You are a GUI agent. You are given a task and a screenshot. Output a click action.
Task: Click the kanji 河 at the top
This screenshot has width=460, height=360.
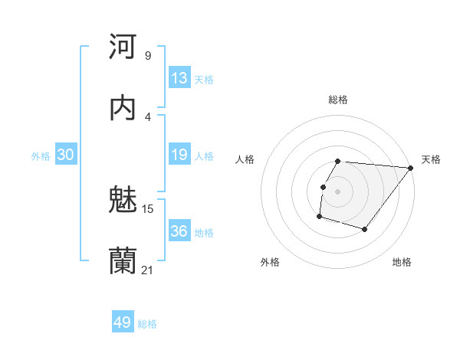pyautogui.click(x=123, y=47)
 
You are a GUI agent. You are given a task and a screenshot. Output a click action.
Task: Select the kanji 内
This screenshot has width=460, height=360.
pyautogui.click(x=123, y=108)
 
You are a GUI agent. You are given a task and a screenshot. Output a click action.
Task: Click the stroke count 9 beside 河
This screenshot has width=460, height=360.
pyautogui.click(x=147, y=55)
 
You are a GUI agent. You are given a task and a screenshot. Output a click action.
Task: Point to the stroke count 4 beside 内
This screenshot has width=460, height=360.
pyautogui.click(x=147, y=116)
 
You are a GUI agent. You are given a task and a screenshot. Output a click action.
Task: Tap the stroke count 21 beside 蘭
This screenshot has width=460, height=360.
pyautogui.click(x=148, y=270)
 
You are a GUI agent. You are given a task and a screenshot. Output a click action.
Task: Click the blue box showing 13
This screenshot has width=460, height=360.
pyautogui.click(x=179, y=78)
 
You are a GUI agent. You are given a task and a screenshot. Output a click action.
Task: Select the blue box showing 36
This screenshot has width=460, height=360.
pyautogui.click(x=179, y=231)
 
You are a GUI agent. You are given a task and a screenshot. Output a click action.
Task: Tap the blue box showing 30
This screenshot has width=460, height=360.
pyautogui.click(x=66, y=155)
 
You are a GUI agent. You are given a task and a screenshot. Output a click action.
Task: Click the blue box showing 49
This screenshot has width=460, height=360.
pyautogui.click(x=123, y=322)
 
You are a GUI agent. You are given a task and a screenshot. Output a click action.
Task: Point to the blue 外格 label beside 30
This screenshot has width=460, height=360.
pyautogui.click(x=41, y=156)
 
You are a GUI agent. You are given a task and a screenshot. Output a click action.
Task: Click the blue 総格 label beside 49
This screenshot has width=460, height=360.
pyautogui.click(x=147, y=324)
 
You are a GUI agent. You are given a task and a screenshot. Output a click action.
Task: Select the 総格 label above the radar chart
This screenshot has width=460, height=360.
pyautogui.click(x=338, y=100)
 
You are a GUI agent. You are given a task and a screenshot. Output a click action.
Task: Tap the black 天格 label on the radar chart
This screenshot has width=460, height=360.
pyautogui.click(x=431, y=159)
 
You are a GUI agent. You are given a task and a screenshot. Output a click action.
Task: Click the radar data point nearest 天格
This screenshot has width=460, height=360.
pyautogui.click(x=411, y=168)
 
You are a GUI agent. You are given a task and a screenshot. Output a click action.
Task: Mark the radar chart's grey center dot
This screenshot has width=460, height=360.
pyautogui.click(x=338, y=191)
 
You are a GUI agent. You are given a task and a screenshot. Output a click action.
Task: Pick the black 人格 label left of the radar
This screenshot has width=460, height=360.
pyautogui.click(x=245, y=159)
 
